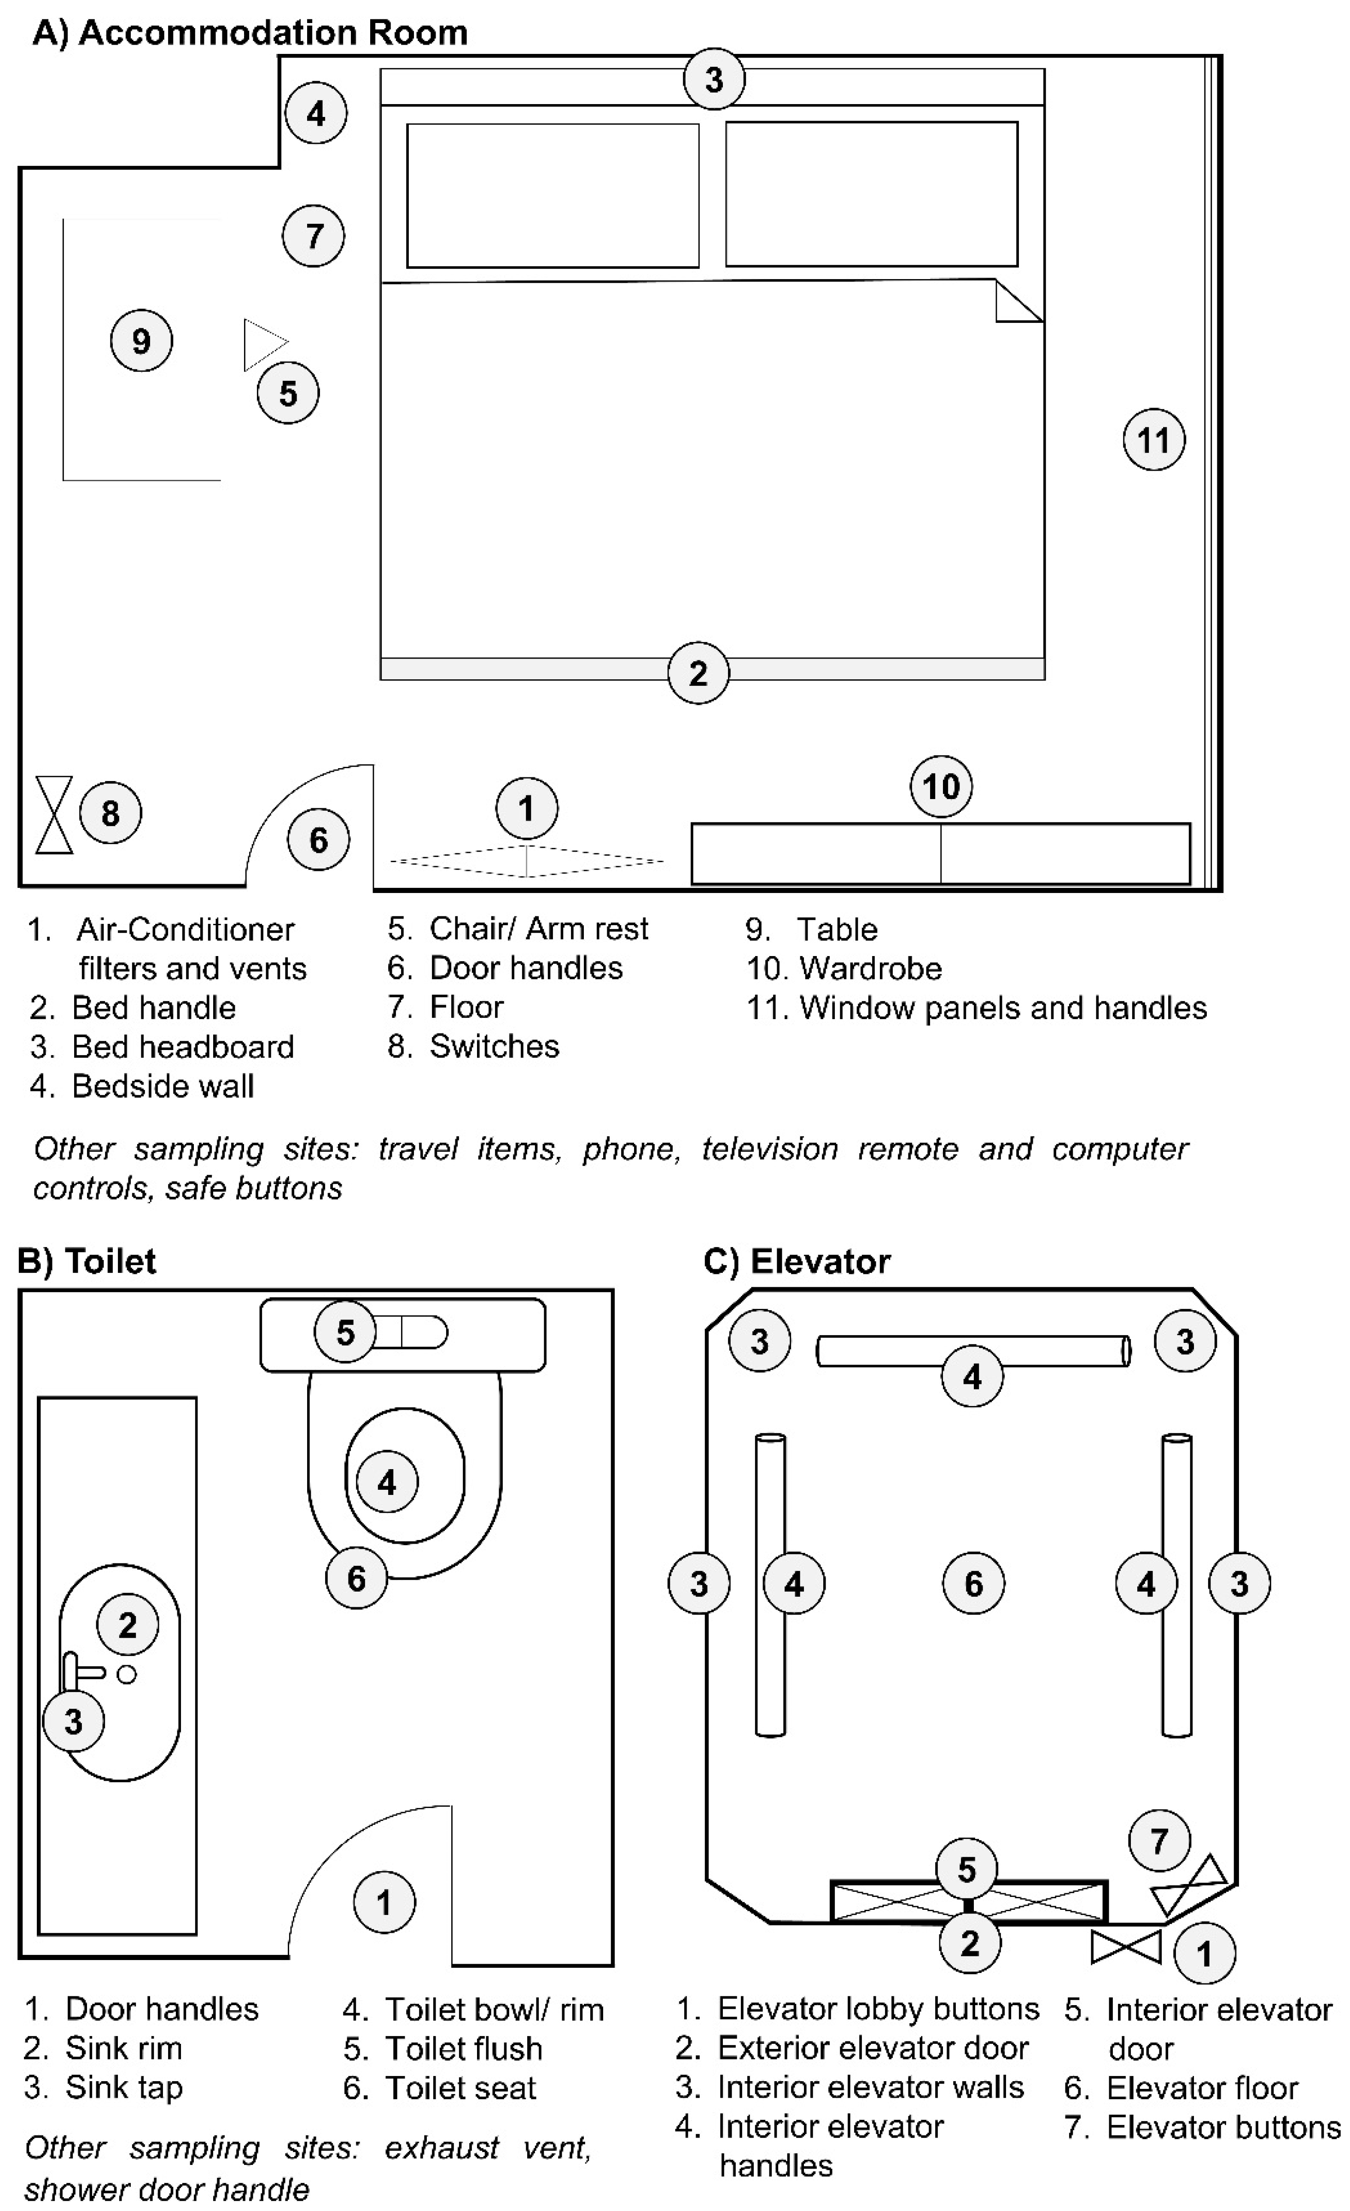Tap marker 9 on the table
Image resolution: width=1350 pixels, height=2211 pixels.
click(141, 341)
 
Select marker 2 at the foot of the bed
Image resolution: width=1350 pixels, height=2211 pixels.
click(698, 673)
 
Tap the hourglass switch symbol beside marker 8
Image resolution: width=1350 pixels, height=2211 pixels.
click(54, 815)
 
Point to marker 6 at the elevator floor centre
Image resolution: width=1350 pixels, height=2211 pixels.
click(973, 1584)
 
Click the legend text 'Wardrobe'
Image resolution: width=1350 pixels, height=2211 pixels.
click(870, 968)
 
